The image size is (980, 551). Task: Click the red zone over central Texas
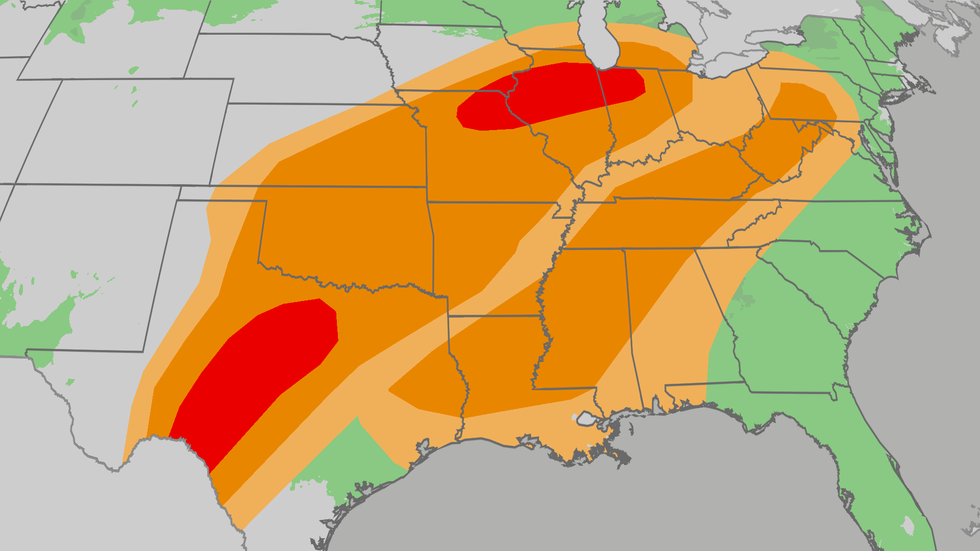click(x=260, y=367)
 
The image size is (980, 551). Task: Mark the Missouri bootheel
click(x=563, y=210)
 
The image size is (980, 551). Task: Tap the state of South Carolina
click(x=827, y=286)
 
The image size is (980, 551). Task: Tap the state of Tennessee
click(x=664, y=224)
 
